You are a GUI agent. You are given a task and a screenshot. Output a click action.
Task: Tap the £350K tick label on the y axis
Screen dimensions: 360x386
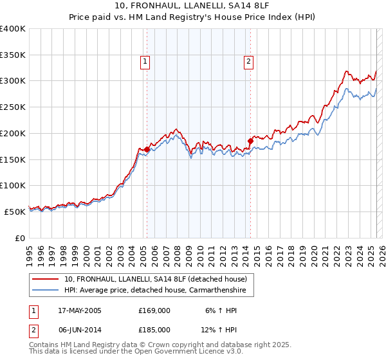coord(13,55)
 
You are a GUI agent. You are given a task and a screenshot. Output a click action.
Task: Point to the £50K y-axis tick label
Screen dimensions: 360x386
coord(15,211)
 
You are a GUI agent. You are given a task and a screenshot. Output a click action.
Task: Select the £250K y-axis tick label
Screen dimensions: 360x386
coord(13,107)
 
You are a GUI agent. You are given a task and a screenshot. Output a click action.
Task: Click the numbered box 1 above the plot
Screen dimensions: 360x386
coord(145,62)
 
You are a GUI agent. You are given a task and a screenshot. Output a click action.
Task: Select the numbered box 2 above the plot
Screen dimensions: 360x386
coord(248,62)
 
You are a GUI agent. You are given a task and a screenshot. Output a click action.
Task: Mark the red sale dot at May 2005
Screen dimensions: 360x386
coord(147,150)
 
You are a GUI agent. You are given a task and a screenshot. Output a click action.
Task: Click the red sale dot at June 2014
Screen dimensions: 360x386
coord(250,141)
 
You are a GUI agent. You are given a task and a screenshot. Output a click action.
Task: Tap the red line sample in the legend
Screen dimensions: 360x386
coord(46,280)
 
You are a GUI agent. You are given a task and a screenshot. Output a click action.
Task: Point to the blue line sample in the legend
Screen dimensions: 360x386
coord(46,291)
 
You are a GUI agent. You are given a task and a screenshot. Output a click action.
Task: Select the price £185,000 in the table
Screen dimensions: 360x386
coord(154,329)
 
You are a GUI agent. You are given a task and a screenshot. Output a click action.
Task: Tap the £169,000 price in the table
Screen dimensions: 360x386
coord(154,310)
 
